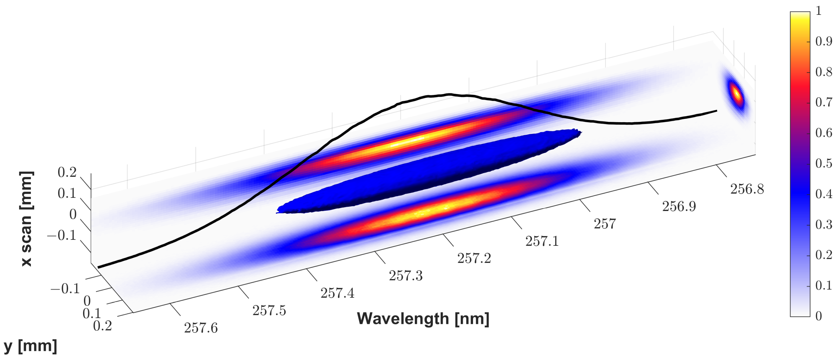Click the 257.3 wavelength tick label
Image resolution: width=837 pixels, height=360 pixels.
coord(406,276)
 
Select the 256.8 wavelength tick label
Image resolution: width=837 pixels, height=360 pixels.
coord(747,189)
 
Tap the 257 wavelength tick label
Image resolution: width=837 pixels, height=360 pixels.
coord(605,224)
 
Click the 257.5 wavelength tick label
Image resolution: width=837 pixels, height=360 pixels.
coord(269,311)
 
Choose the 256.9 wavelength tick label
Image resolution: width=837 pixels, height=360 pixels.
coord(679,206)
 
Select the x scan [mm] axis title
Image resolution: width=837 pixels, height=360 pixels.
coord(26,218)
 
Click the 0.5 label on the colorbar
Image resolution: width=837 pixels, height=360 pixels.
coord(824,163)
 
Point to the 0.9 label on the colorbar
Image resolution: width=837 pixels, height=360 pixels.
coord(824,42)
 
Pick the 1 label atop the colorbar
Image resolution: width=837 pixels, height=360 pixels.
coord(818,11)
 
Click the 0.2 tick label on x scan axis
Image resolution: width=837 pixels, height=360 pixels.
coord(67,172)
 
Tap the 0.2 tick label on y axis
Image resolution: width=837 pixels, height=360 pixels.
coord(102,326)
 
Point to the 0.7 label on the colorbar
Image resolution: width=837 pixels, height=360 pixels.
coord(824,102)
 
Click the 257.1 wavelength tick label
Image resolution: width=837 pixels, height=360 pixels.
coord(542,241)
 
